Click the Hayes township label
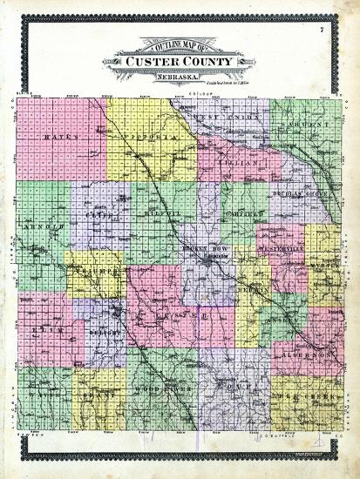point(54,138)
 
